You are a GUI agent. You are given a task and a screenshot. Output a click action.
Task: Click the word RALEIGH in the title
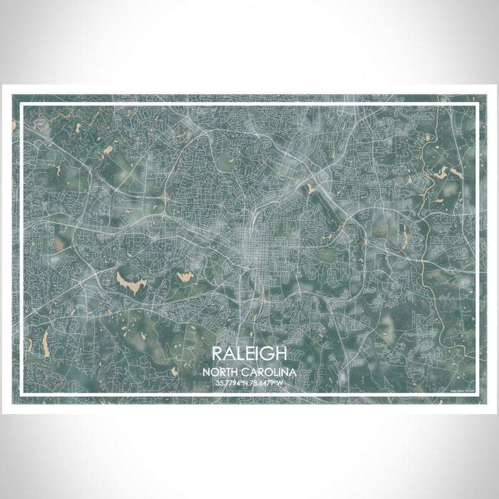249,354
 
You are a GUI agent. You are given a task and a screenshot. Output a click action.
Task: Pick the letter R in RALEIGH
217,354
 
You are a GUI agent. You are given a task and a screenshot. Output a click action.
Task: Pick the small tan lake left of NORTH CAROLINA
175,371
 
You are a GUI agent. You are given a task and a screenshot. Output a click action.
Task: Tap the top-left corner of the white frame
22,105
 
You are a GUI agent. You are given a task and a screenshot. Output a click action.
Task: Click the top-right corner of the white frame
476,105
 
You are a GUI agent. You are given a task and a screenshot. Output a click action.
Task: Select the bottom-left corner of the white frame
22,395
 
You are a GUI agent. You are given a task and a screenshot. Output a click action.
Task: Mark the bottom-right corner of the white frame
476,395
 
